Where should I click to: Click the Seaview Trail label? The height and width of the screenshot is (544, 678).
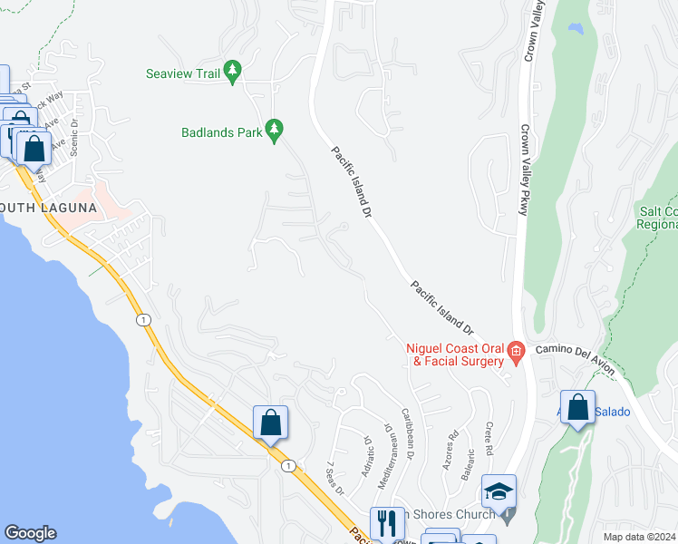point(183,73)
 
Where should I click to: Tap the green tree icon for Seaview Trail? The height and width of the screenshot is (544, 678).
point(233,72)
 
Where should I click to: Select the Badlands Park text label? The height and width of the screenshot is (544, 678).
point(219,132)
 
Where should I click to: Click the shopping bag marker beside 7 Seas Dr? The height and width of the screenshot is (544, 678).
point(270,423)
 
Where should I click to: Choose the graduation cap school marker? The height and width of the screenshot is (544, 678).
point(499,491)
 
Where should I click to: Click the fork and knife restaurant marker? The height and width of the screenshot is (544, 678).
point(386,523)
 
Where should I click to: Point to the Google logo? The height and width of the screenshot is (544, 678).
point(30,533)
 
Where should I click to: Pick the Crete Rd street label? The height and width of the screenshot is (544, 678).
point(488,438)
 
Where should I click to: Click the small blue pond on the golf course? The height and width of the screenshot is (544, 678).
point(576,28)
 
